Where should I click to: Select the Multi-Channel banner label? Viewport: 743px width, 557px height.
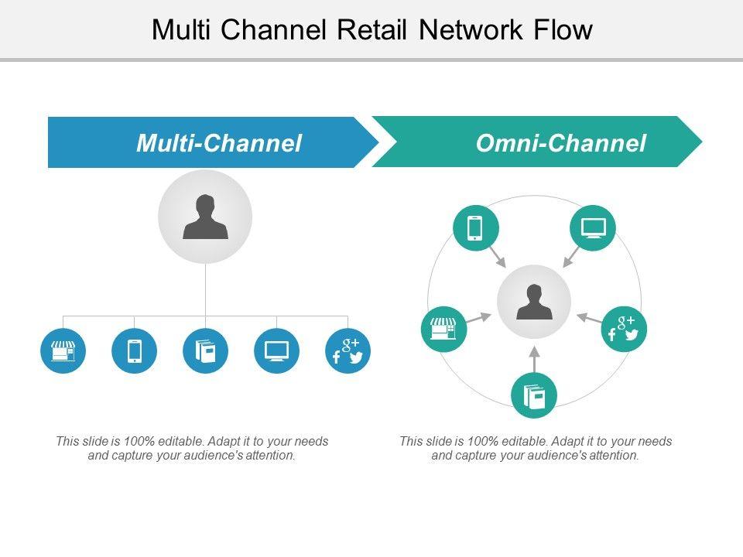218,143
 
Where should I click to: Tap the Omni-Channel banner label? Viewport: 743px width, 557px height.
560,143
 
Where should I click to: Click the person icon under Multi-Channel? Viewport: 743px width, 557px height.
205,217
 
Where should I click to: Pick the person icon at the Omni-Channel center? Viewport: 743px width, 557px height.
534,302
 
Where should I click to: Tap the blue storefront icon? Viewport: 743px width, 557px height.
63,350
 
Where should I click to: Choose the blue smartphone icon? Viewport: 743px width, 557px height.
134,350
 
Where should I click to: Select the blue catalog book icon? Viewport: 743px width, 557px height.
206,350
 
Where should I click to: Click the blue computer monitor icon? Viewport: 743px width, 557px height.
276,350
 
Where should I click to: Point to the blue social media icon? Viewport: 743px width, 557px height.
348,350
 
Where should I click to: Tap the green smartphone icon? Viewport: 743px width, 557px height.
475,228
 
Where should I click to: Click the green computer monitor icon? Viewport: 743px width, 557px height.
593,228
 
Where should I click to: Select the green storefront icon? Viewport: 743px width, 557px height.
443,329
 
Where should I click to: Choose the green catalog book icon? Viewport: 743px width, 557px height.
534,395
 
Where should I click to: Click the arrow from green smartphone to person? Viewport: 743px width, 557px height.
496,256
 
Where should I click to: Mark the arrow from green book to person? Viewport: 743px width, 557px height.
534,359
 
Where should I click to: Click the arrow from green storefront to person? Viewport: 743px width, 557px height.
478,317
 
